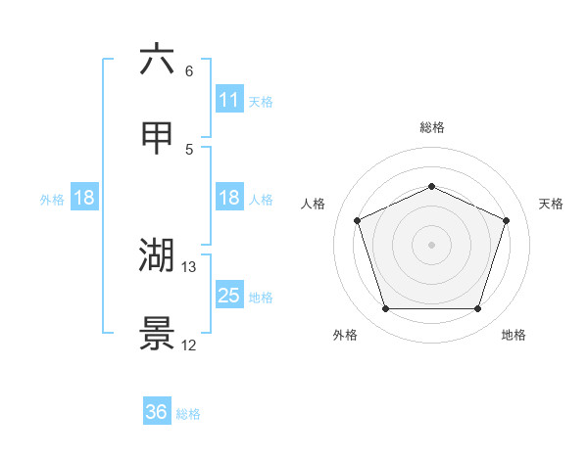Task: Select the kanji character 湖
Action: pos(157,255)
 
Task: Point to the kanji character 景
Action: pos(157,333)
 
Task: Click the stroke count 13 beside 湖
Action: pos(189,266)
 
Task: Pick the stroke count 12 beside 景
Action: pos(189,344)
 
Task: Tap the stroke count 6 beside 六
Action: pos(189,70)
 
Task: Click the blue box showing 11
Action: pos(229,100)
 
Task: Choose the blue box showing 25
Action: pos(229,296)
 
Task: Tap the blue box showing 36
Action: pos(157,412)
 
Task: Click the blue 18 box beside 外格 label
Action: pos(84,198)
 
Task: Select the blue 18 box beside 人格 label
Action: pos(229,198)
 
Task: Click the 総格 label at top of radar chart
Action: pos(432,127)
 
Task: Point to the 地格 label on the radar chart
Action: pos(514,335)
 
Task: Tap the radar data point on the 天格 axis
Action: pos(507,220)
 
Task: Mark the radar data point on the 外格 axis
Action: pos(386,309)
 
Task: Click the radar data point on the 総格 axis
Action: pos(432,186)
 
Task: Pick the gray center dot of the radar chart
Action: pos(432,245)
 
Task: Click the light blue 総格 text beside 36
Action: pos(188,414)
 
